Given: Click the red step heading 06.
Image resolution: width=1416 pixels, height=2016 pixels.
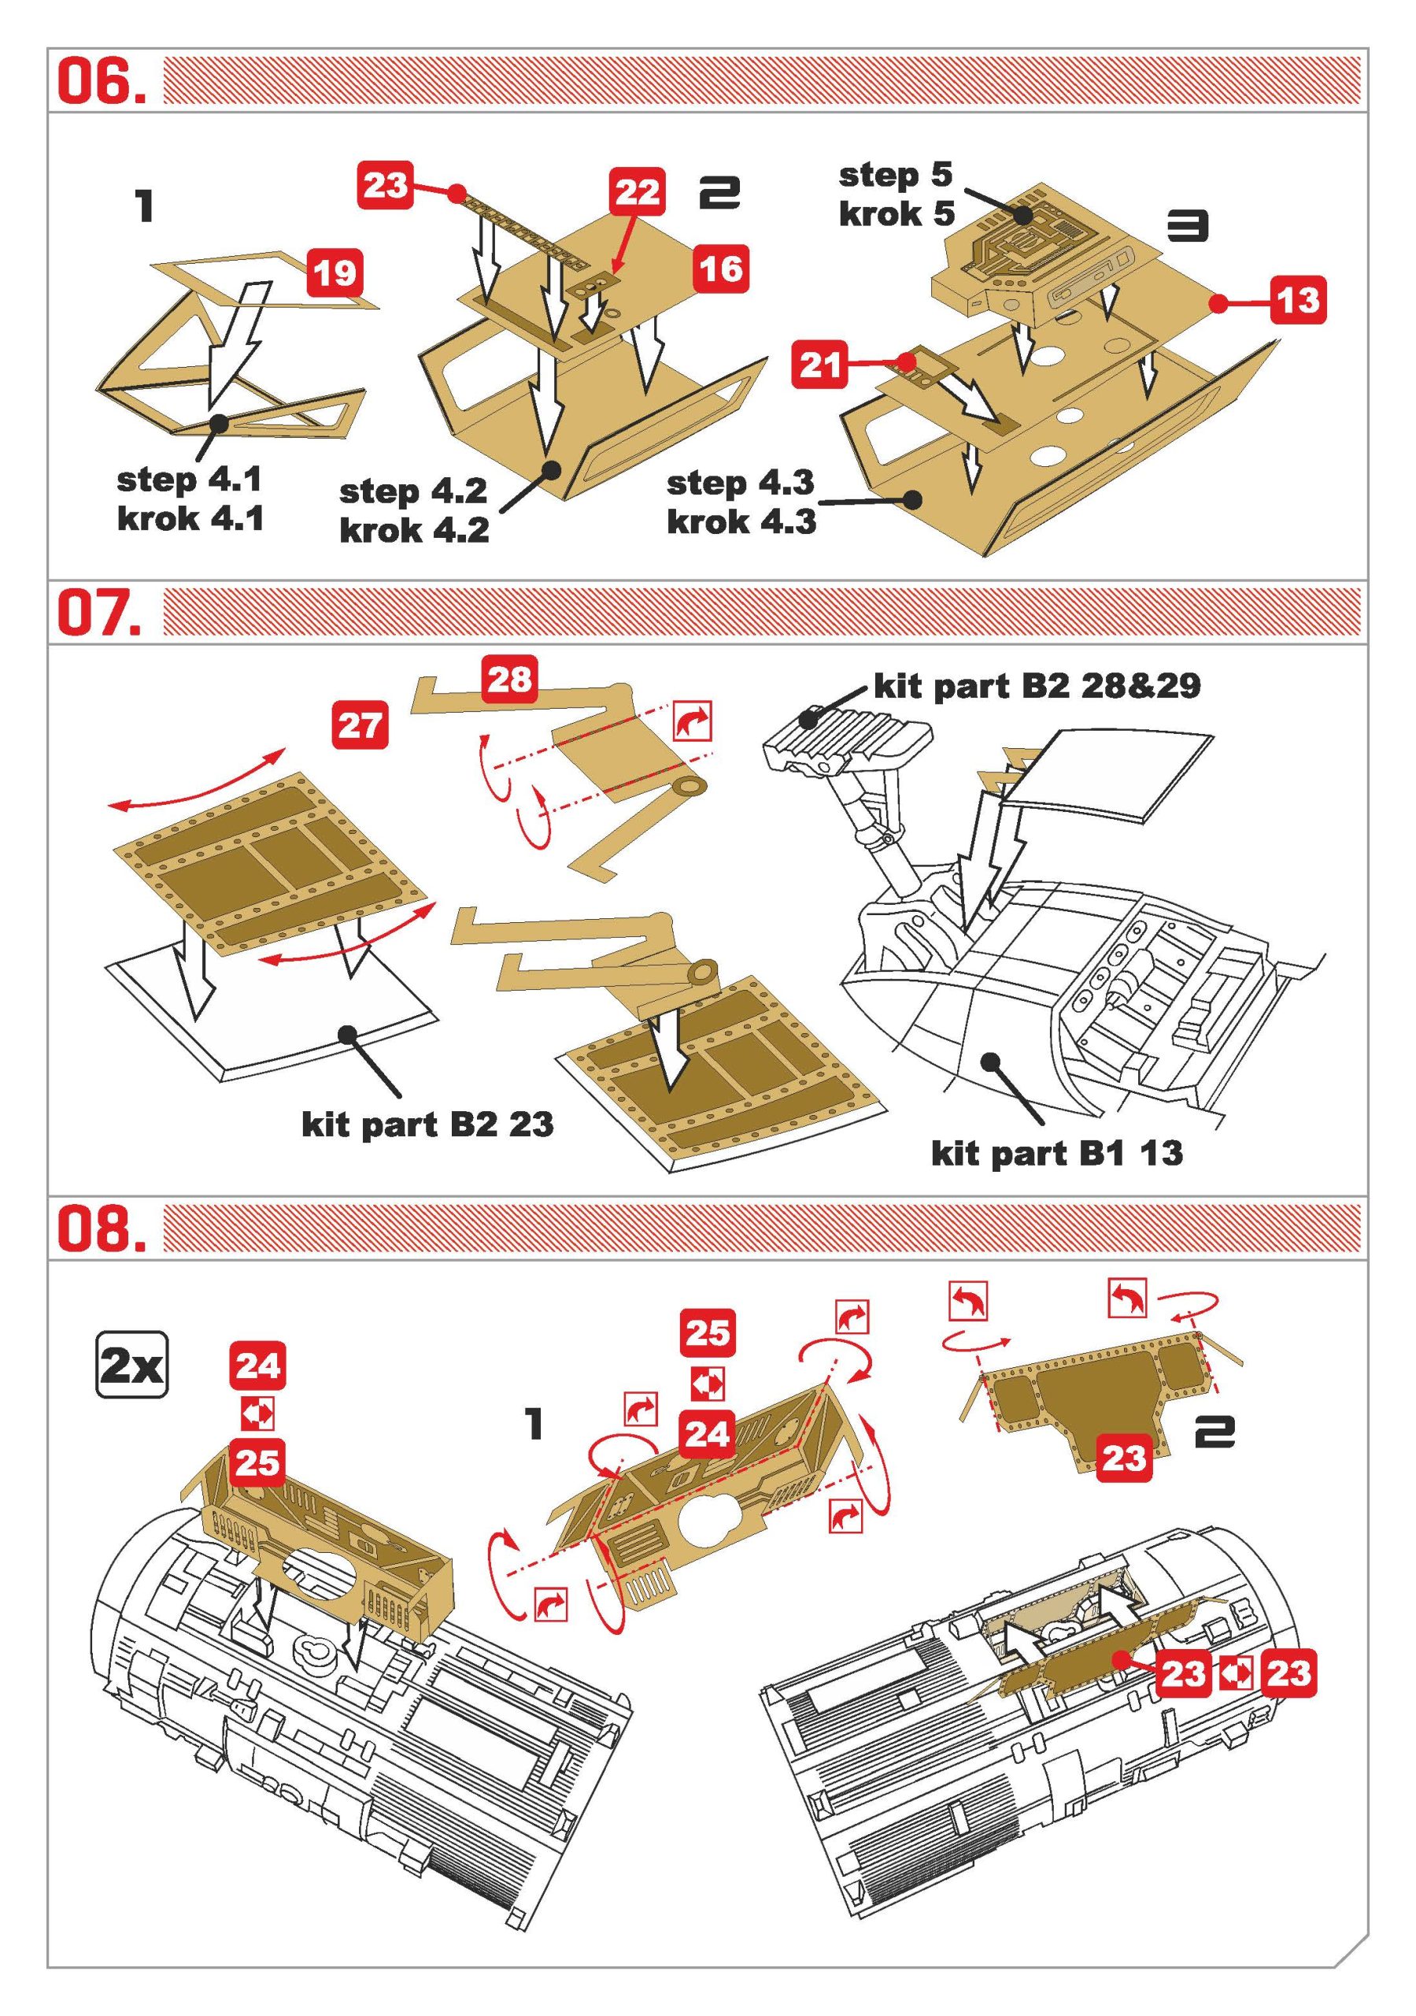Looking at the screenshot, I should click(x=100, y=83).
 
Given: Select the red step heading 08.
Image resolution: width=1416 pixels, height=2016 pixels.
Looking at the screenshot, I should click(x=100, y=1228).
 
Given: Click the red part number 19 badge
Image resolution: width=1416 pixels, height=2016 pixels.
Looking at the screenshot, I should click(x=335, y=272).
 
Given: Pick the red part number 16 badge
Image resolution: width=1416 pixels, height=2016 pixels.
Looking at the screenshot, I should click(x=721, y=269).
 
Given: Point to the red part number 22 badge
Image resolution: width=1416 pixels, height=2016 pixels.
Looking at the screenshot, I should click(x=637, y=191).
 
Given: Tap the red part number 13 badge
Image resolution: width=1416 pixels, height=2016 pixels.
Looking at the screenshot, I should click(x=1297, y=300).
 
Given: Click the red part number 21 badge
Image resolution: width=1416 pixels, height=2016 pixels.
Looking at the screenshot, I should click(x=820, y=364).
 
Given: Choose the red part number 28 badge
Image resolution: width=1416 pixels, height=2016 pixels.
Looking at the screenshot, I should click(x=509, y=679).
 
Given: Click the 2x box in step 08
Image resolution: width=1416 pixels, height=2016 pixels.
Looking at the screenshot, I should click(x=131, y=1366).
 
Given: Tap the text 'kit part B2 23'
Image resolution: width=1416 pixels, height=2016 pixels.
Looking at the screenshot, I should click(x=427, y=1124).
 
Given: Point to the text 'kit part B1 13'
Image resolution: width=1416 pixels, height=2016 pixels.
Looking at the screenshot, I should click(x=1057, y=1153).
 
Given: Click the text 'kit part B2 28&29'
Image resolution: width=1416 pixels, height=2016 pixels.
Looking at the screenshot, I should click(x=1037, y=686).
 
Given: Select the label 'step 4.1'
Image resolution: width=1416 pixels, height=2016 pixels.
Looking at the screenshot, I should click(x=189, y=480).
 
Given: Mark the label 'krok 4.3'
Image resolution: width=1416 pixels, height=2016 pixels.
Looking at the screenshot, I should click(x=741, y=521).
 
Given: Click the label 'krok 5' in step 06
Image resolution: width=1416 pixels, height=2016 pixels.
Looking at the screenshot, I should click(x=896, y=213).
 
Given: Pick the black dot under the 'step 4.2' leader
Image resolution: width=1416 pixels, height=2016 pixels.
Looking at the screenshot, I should click(x=551, y=469).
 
